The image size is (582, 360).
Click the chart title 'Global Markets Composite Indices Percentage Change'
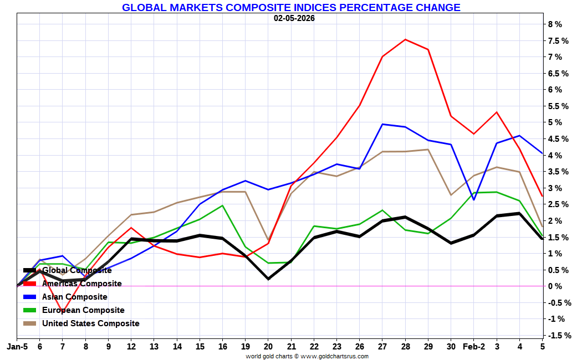pos(291,7)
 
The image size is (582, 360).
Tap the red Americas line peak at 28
pos(405,39)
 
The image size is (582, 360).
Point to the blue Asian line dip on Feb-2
pos(474,199)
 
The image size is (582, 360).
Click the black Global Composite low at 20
pos(268,279)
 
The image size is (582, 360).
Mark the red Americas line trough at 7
pos(62,312)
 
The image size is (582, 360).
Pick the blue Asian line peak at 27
pos(382,124)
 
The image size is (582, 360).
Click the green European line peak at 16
pos(222,205)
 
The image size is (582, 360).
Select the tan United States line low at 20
pos(268,240)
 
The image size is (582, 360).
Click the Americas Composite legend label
pos(81,284)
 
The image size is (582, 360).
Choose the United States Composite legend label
pos(90,323)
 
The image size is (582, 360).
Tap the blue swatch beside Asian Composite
pos(29,297)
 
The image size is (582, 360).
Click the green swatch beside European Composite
pos(29,310)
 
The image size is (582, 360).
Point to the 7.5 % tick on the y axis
pos(558,41)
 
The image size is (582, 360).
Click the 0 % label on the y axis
pos(555,286)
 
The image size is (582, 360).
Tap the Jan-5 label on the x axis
pos(17,347)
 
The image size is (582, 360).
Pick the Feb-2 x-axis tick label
pos(473,347)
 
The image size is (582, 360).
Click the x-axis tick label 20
pos(268,347)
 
